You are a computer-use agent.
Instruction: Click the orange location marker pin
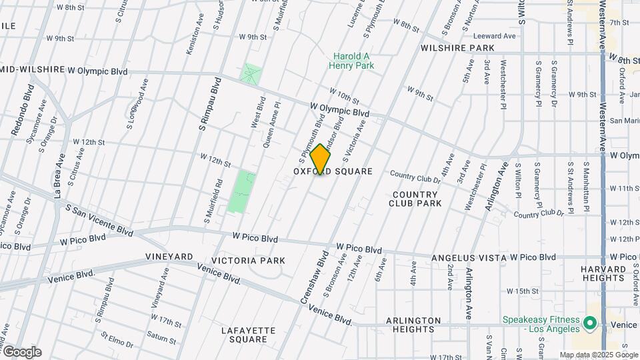click(321, 159)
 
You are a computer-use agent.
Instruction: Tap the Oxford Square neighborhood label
click(333, 172)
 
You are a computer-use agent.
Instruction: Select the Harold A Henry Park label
click(353, 61)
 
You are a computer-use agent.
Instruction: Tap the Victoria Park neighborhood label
click(248, 261)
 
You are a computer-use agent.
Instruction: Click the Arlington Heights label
click(413, 325)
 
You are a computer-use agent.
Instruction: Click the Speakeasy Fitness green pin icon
click(589, 324)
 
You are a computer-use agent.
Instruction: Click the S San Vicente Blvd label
click(98, 218)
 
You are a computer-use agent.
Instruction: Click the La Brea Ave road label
click(59, 176)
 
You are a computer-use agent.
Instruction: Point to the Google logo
click(21, 352)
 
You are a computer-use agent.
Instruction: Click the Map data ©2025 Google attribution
click(598, 355)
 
